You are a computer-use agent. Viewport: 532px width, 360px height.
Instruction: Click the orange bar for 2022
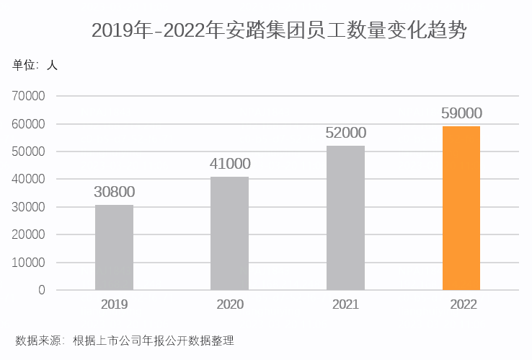click(461, 208)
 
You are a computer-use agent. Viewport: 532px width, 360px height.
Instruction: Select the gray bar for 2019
click(114, 247)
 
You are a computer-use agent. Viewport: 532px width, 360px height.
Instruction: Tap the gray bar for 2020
click(229, 233)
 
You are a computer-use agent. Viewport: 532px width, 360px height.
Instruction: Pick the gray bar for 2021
click(345, 218)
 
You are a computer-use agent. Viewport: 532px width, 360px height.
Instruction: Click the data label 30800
click(114, 192)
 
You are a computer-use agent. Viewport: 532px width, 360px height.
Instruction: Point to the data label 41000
click(229, 164)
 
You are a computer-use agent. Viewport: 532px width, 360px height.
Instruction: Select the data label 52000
click(345, 133)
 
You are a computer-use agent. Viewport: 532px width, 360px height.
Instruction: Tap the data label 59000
click(461, 113)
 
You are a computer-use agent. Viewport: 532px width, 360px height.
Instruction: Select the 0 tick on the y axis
click(41, 290)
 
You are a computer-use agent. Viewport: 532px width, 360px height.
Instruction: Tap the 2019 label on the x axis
click(114, 304)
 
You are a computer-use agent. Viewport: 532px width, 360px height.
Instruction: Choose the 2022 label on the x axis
click(462, 304)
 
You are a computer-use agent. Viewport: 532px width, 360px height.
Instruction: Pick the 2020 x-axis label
click(230, 304)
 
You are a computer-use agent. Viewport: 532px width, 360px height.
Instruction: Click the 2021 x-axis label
click(345, 304)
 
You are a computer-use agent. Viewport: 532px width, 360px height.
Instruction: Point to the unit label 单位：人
click(35, 65)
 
